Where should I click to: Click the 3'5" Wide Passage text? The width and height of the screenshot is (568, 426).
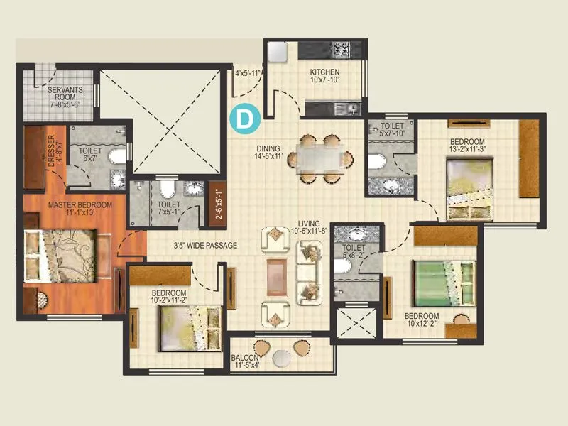(x=205, y=246)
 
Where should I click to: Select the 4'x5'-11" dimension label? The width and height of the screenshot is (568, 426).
(x=248, y=72)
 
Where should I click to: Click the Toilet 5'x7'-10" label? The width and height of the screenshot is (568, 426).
(x=391, y=130)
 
